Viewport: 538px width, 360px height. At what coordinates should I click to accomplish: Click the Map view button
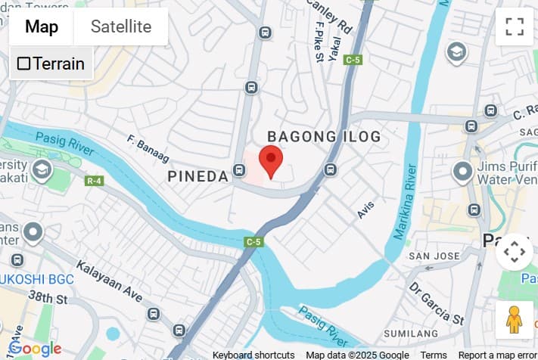click(x=42, y=27)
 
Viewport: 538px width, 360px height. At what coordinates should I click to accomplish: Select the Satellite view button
click(x=121, y=27)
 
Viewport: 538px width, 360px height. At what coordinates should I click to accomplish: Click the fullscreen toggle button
click(x=515, y=26)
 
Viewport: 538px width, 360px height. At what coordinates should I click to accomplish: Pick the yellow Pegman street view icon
click(x=514, y=320)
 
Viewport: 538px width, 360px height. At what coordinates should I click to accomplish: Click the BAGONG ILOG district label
click(x=324, y=136)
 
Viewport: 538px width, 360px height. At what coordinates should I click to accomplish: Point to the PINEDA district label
click(x=197, y=176)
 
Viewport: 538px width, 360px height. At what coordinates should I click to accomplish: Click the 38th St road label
click(x=48, y=298)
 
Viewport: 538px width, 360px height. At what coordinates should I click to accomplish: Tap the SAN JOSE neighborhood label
click(x=434, y=256)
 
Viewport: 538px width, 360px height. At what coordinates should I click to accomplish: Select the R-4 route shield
click(x=95, y=181)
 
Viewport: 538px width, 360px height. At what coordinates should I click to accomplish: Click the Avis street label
click(x=365, y=210)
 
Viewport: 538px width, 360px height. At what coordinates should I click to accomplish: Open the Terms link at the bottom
click(x=434, y=355)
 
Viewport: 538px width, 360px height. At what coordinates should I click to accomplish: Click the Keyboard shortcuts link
click(x=253, y=355)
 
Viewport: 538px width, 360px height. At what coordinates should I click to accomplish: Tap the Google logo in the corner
click(x=34, y=349)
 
